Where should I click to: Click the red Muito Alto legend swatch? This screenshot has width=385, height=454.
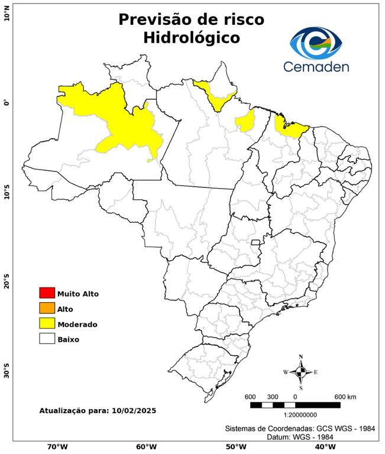coord(47,293)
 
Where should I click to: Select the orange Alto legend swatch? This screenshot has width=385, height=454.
coord(47,308)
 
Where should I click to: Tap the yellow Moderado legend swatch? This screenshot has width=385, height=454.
coord(47,323)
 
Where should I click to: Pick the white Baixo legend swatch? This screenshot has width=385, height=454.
coord(47,339)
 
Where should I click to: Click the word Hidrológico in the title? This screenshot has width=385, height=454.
coord(191,38)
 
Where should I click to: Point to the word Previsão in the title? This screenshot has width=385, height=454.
coord(155,19)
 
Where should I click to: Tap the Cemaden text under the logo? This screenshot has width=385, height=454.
coord(316,66)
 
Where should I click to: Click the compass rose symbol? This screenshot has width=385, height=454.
coord(300,372)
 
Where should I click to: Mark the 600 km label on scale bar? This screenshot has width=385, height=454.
coord(345,396)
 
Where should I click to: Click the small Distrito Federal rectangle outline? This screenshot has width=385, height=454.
coord(256,242)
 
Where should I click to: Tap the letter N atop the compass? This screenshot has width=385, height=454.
coord(300,356)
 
